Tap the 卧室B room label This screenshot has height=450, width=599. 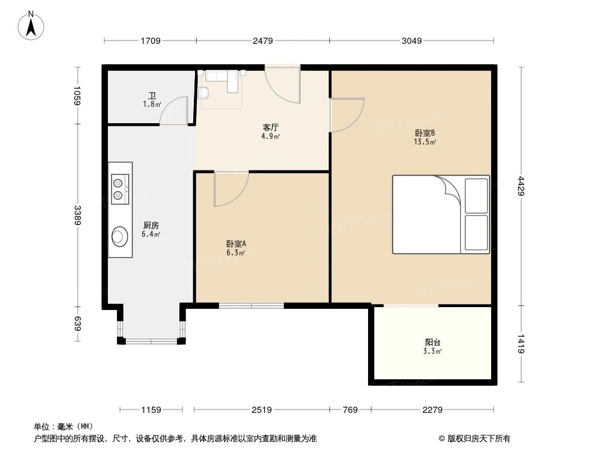[425, 134]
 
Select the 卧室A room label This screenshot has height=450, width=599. [236, 245]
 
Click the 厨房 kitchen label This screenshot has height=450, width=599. [151, 226]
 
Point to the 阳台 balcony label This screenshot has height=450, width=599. [433, 343]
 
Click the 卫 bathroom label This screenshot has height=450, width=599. [151, 96]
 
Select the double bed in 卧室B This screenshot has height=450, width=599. [441, 214]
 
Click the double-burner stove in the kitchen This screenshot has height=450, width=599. [119, 188]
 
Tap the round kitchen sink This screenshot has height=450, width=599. [119, 236]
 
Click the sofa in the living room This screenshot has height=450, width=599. [221, 79]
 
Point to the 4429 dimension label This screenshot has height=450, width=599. [521, 186]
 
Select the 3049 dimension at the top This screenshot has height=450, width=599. [412, 40]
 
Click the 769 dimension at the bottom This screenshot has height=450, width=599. [350, 410]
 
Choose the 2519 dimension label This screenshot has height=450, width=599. [262, 410]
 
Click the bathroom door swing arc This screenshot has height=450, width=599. [174, 110]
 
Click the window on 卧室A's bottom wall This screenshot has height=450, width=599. [251, 306]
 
